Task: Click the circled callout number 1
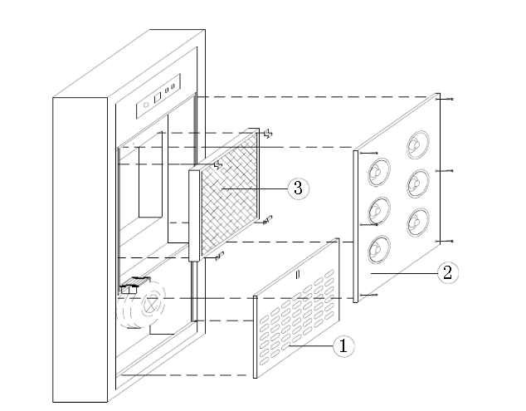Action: coord(343,346)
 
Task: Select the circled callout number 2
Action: coord(448,272)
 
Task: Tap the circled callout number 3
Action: coord(299,188)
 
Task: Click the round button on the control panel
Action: coord(146,105)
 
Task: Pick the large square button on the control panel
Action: coord(158,98)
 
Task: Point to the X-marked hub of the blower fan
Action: coord(152,304)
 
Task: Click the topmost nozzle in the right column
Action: coord(417,144)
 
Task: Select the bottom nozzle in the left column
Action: coord(379,249)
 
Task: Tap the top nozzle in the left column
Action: coord(379,172)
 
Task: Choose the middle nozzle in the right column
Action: coord(418,183)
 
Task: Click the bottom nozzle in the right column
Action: coord(418,222)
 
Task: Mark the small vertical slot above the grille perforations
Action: coord(298,275)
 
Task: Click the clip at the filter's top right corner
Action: coord(268,134)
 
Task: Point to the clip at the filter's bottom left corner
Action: coord(220,256)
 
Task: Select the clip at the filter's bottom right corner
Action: coord(267,220)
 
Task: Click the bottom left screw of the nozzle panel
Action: coord(368,295)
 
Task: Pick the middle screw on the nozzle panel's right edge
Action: coord(445,171)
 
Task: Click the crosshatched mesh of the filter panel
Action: coord(230,195)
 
